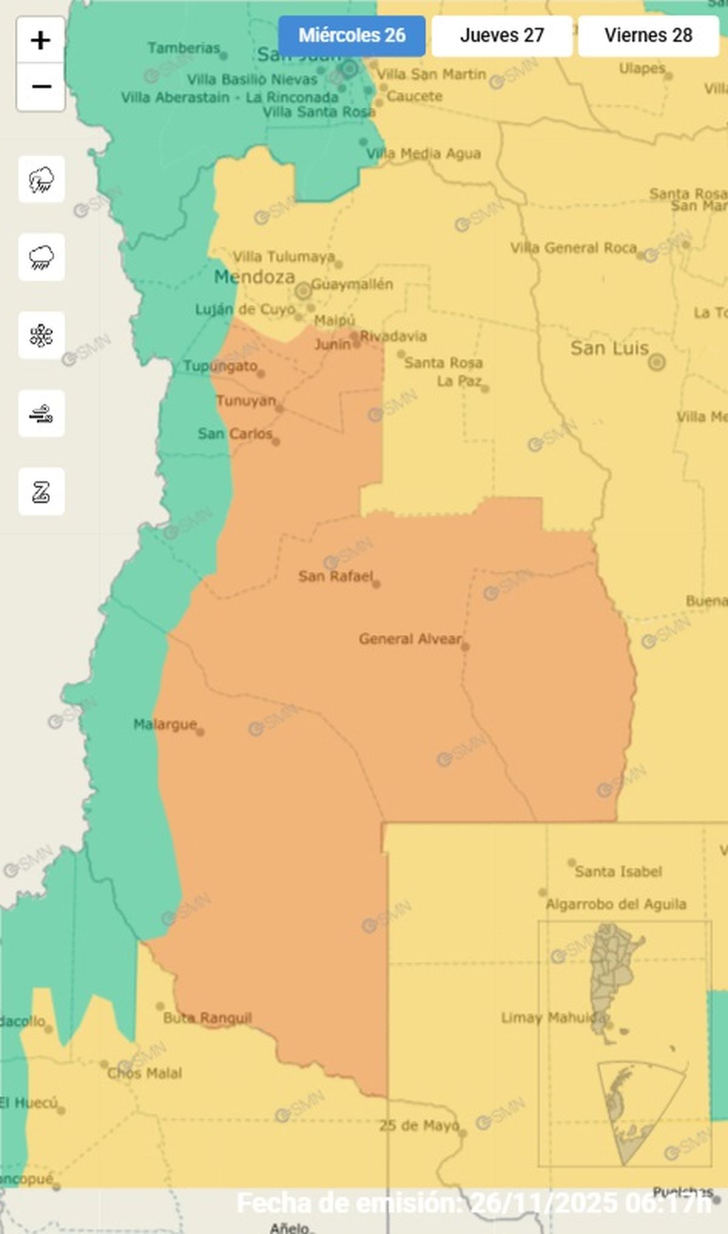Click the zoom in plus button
[x=41, y=41]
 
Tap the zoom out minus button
[x=41, y=87]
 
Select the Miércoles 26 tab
[x=352, y=36]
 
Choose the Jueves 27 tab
[x=502, y=36]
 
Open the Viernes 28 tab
[x=648, y=36]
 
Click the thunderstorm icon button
[x=41, y=180]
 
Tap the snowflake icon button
[x=41, y=335]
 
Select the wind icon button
[x=41, y=414]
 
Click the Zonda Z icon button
[x=41, y=491]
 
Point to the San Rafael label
[x=335, y=576]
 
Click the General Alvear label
[x=410, y=639]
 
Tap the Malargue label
[x=165, y=724]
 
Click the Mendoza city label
[x=255, y=277]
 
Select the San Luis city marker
[x=656, y=362]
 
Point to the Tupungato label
[x=221, y=366]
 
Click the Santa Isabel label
[x=618, y=872]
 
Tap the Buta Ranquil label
[x=207, y=1017]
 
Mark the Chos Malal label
[x=144, y=1073]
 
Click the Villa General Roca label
[x=573, y=248]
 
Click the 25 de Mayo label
[x=419, y=1125]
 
